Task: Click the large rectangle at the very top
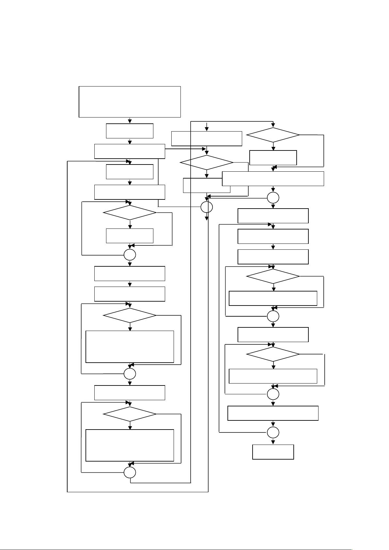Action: coord(130,102)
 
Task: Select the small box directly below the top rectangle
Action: coord(130,131)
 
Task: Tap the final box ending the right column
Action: coord(273,452)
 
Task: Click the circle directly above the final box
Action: coord(273,432)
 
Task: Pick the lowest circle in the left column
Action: coord(130,472)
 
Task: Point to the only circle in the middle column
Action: coord(207,207)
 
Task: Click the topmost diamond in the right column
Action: coord(273,135)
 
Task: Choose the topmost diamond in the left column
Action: coord(130,213)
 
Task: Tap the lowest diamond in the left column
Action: coord(130,414)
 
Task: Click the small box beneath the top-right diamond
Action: coord(273,158)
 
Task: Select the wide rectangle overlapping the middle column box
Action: coord(273,179)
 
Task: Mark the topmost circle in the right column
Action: coord(273,197)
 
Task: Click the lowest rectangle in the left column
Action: coord(130,445)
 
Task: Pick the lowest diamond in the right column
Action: coord(273,354)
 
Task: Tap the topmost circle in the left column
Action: coord(130,255)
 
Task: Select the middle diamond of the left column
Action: coord(130,315)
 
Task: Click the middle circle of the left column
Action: coord(130,373)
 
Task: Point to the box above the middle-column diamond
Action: coord(207,138)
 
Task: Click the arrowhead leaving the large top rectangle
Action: coord(130,121)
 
